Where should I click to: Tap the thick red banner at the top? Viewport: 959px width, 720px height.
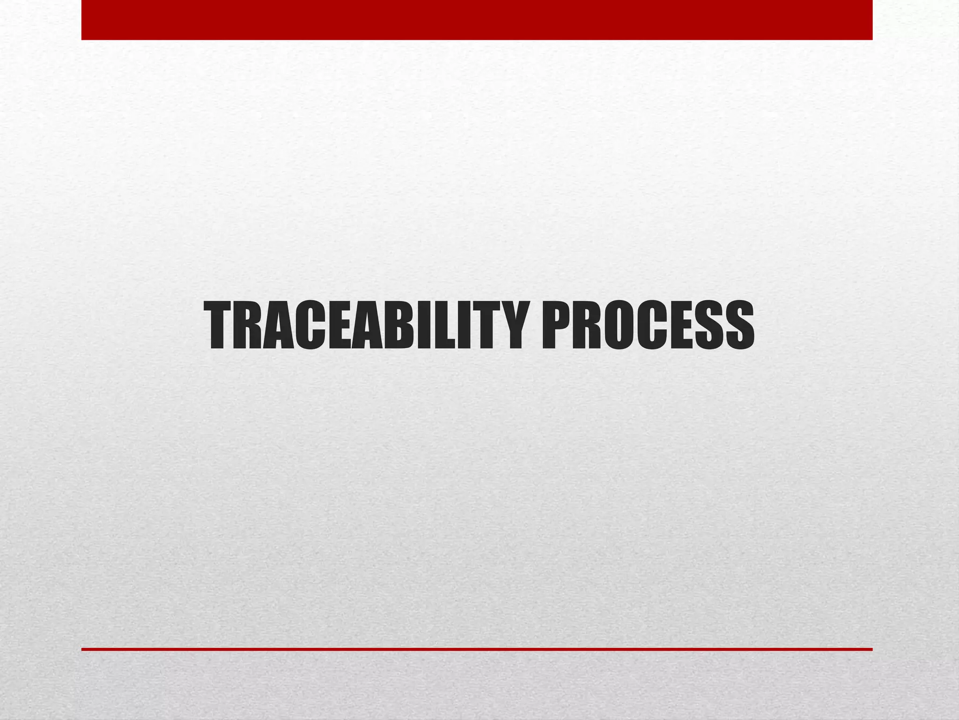click(477, 20)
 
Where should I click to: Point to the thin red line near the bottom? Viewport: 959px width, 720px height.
click(477, 649)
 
